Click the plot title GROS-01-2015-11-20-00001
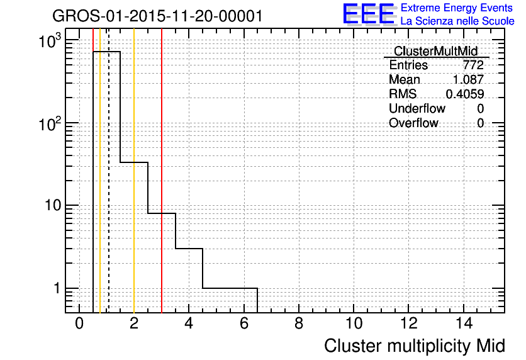point(157,16)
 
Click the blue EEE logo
point(369,14)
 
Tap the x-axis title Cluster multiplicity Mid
point(415,346)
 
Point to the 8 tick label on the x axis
point(299,323)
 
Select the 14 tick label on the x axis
point(464,323)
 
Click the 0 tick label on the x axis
point(79,323)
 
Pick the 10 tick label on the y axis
point(53,205)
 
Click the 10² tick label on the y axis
point(50,123)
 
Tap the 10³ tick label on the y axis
point(50,41)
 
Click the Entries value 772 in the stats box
point(473,65)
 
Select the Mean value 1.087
point(468,79)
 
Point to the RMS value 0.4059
point(464,94)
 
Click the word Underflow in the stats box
point(417,108)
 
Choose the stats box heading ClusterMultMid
point(436,51)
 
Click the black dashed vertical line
point(109,171)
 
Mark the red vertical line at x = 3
point(162,171)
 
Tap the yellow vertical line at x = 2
point(134,171)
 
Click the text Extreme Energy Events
point(457,8)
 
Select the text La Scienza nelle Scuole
point(457,21)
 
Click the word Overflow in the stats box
point(413,123)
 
